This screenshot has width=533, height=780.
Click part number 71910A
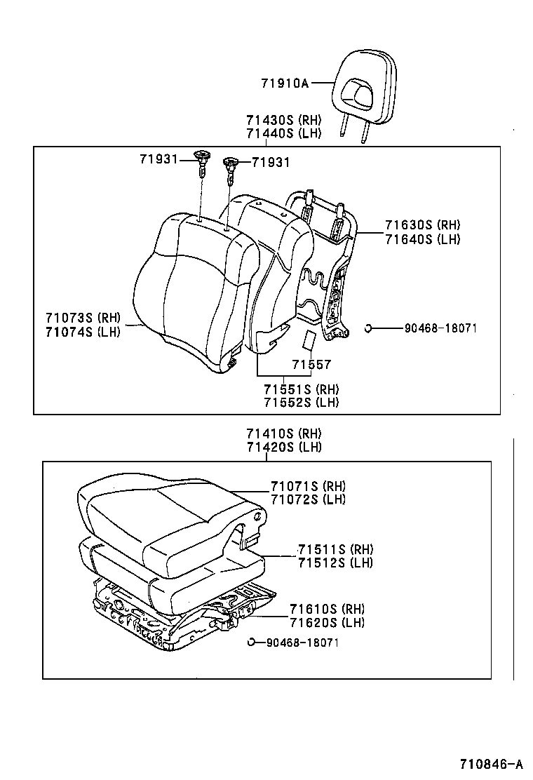tap(285, 83)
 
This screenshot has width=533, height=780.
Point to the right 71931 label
tap(271, 163)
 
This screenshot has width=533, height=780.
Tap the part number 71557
tap(311, 365)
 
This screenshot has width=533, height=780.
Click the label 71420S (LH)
tap(283, 448)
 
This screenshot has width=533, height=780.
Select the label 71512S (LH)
tap(335, 562)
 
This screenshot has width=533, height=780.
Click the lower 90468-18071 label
tap(302, 643)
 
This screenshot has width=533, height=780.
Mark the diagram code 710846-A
tap(492, 764)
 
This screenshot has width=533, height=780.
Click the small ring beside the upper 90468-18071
tap(368, 328)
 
